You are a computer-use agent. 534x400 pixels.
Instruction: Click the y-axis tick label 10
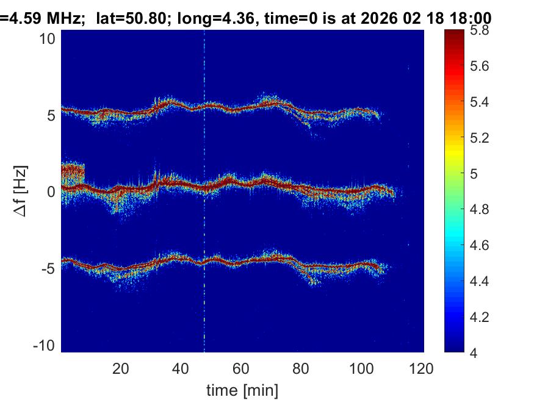48,38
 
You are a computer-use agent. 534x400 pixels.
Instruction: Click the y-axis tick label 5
51,115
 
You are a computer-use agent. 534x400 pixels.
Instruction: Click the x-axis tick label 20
120,368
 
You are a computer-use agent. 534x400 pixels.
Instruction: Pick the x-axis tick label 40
181,368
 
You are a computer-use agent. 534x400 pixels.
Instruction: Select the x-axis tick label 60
241,368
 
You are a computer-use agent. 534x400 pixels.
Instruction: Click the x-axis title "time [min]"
242,389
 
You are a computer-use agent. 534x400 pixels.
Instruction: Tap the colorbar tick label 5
478,174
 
